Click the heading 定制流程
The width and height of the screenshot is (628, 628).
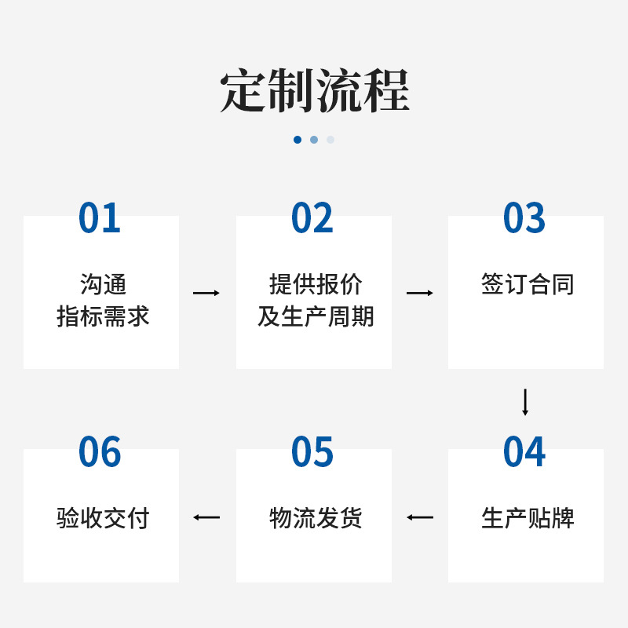pos(314,92)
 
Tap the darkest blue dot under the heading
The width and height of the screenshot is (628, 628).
pos(298,140)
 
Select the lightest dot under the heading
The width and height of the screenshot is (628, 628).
pos(330,140)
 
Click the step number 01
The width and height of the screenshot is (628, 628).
pos(100,218)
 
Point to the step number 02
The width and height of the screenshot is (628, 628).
pos(312,218)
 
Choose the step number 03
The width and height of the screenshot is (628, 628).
pos(524,218)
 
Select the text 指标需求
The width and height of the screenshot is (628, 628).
pos(103,316)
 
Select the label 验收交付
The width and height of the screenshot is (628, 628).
pos(103,518)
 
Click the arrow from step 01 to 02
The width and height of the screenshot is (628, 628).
pos(206,293)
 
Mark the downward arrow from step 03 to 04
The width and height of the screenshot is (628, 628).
pos(525,402)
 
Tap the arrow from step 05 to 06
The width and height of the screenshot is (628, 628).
pos(206,517)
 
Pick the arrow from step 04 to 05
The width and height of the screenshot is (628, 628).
pos(420,517)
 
